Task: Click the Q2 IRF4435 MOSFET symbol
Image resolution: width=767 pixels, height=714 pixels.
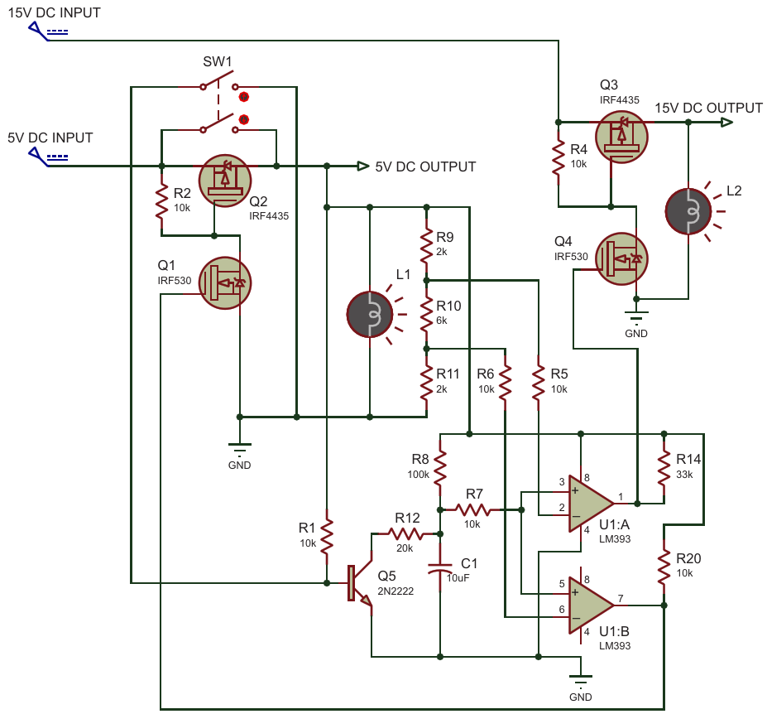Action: [225, 181]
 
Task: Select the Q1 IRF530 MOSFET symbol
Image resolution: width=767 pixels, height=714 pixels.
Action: [225, 283]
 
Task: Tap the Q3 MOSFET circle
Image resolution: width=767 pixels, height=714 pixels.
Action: [621, 137]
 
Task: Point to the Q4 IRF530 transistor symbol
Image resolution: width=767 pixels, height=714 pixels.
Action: [621, 259]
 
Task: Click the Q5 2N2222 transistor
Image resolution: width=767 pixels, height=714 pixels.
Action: [361, 583]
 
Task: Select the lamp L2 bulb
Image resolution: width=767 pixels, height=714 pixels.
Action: [688, 211]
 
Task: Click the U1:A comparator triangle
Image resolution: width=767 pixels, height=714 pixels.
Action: [591, 504]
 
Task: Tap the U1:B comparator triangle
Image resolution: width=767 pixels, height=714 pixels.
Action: [591, 605]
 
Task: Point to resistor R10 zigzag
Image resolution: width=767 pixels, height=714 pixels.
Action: [427, 315]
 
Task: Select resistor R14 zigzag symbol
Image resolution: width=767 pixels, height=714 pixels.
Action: [664, 468]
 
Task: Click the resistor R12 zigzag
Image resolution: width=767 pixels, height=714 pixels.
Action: [406, 533]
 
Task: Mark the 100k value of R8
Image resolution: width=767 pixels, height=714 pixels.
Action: [418, 475]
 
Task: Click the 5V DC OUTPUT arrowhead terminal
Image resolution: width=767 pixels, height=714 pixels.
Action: [363, 166]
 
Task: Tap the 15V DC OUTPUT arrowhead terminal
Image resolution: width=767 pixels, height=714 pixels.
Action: [727, 122]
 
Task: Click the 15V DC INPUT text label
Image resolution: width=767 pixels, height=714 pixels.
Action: [55, 12]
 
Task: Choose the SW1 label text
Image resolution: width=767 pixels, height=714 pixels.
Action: [217, 61]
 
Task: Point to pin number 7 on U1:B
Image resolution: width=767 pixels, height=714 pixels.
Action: [621, 598]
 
